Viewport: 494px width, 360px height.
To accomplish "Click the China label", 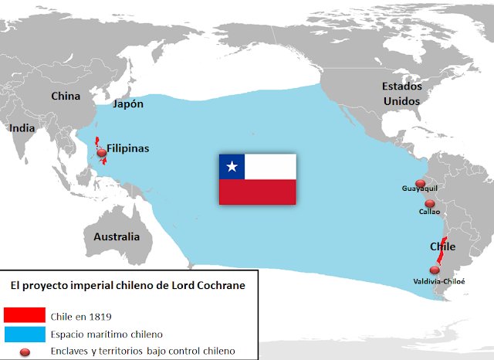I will [66, 97].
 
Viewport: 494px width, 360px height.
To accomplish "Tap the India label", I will [22, 129].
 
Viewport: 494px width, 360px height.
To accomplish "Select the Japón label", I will [128, 104].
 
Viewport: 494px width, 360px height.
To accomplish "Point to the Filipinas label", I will [128, 148].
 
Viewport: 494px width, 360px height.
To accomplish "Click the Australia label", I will [117, 236].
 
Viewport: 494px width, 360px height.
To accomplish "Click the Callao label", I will [429, 211].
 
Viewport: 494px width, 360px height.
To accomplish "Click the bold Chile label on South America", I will [442, 246].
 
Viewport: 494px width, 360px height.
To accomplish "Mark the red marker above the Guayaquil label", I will [420, 182].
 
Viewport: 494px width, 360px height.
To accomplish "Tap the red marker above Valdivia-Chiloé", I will [435, 270].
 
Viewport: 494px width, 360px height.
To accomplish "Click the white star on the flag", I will [231, 166].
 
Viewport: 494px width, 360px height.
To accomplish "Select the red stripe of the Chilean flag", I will [258, 192].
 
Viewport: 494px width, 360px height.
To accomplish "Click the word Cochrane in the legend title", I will [220, 285].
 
